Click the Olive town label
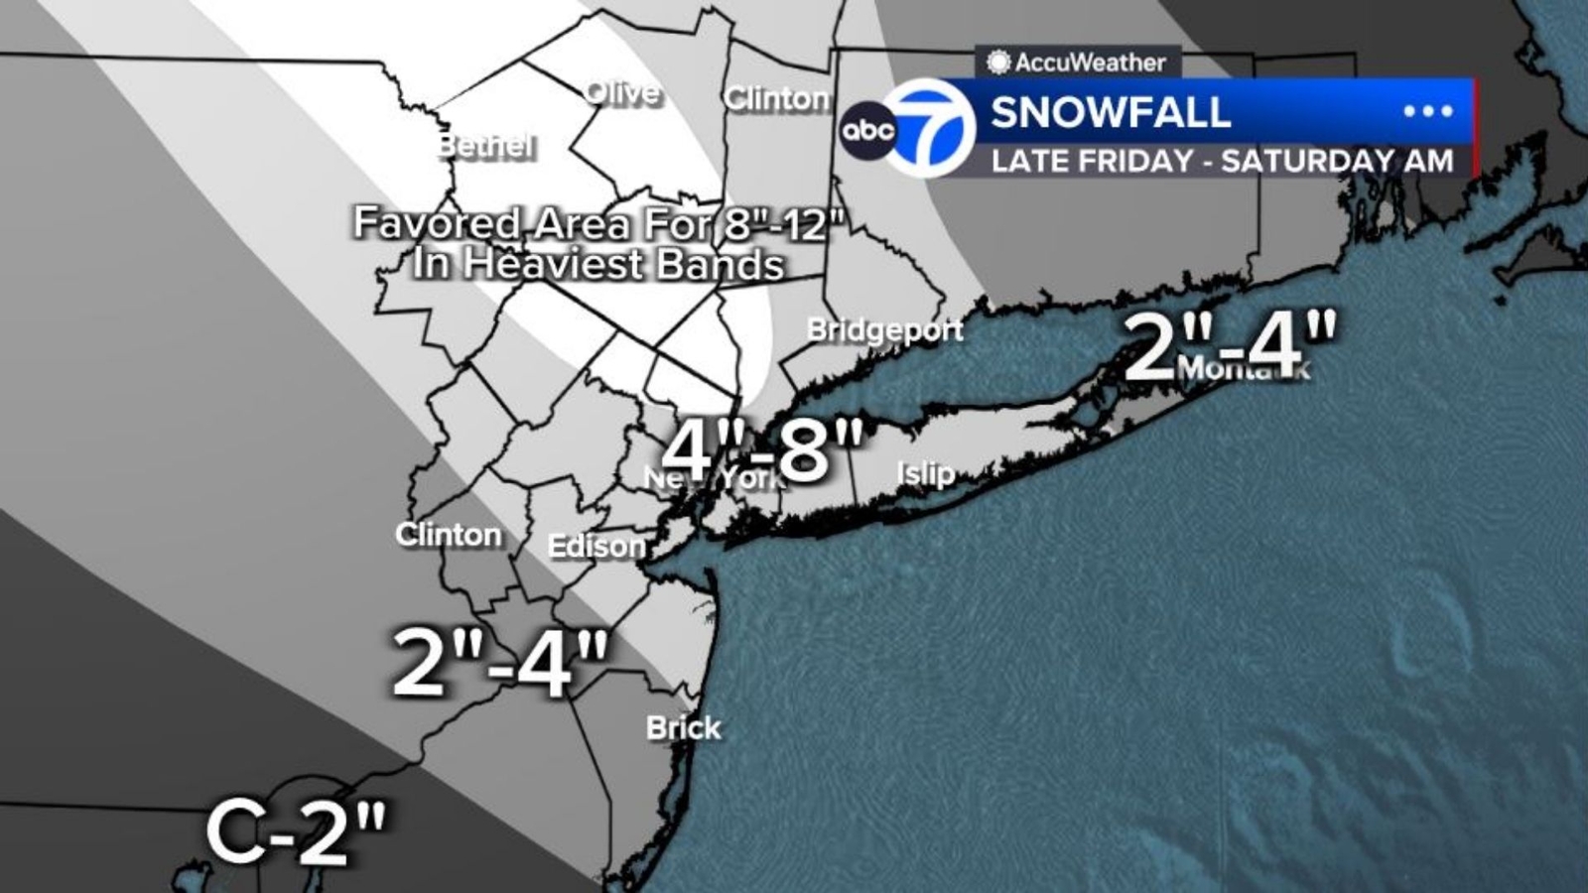click(x=622, y=93)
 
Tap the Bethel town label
click(x=486, y=146)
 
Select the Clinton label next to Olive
click(x=776, y=98)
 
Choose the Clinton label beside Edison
click(x=449, y=535)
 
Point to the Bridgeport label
click(x=884, y=329)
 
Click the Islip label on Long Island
click(x=925, y=473)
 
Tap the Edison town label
click(x=596, y=546)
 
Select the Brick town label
click(x=683, y=728)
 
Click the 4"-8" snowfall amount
click(x=762, y=450)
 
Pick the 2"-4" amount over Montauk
click(x=1231, y=345)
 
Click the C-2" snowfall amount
click(x=297, y=832)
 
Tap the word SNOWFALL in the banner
click(x=1111, y=112)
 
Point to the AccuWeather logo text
click(x=1089, y=63)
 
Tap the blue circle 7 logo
click(x=930, y=128)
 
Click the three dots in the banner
click(x=1427, y=111)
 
